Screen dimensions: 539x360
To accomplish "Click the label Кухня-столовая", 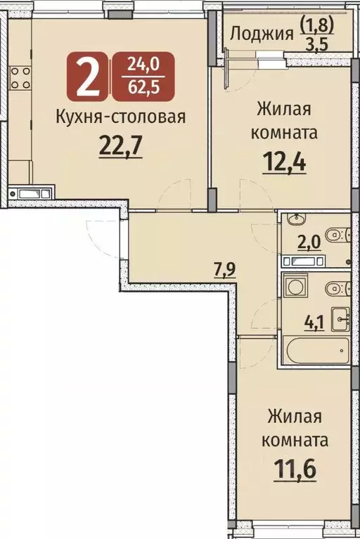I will [x=120, y=116].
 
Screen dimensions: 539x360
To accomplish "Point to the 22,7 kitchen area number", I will [x=121, y=148].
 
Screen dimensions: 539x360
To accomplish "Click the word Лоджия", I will [x=261, y=34].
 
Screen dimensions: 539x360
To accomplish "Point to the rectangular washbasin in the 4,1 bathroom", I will [x=340, y=320].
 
